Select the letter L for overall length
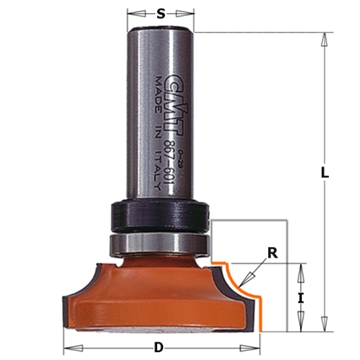pos(324,172)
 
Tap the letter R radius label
pos(273,254)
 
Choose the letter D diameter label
pos(158,348)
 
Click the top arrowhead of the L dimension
pos(324,38)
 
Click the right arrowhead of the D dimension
pos(258,349)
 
